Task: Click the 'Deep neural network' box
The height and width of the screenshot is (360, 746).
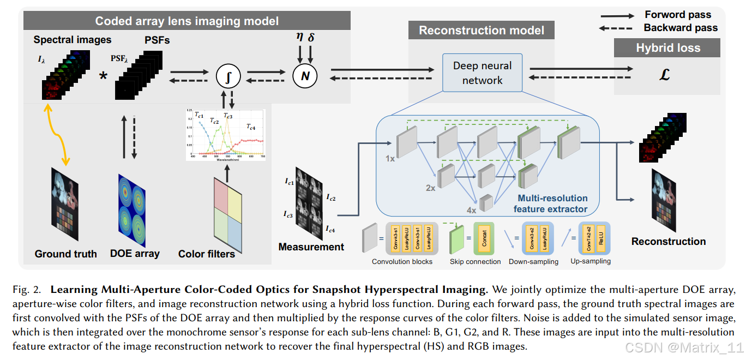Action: (x=483, y=73)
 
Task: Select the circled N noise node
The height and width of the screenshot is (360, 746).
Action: (x=305, y=76)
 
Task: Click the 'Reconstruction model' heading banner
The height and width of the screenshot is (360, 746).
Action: (x=482, y=31)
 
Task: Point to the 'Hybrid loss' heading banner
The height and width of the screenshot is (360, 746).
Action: (x=668, y=48)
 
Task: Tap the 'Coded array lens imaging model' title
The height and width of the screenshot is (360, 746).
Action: (x=187, y=21)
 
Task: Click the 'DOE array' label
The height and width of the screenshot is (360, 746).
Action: (x=135, y=253)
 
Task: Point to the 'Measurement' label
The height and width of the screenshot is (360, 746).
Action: (x=311, y=247)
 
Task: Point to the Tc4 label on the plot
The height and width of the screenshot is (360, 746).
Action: (x=250, y=127)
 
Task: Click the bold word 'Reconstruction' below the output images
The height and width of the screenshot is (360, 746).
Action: (x=668, y=241)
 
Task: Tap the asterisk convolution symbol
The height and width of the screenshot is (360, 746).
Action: (x=103, y=76)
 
